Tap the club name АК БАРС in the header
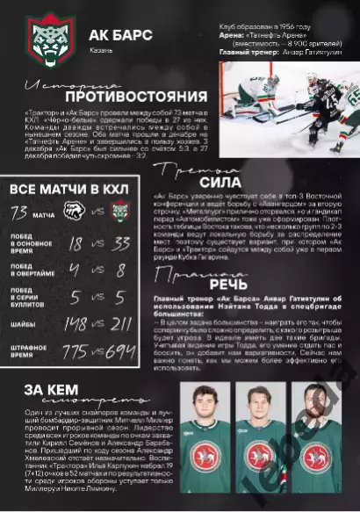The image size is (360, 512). click(120, 35)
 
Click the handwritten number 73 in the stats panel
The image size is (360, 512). click(19, 212)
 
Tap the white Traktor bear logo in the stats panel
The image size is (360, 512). click(72, 212)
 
